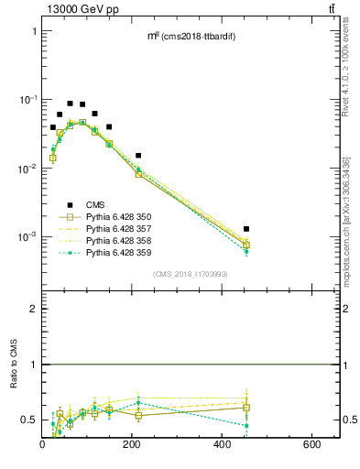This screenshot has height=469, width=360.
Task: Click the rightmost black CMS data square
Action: point(246,229)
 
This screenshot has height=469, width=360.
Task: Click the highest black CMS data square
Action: point(70,104)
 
